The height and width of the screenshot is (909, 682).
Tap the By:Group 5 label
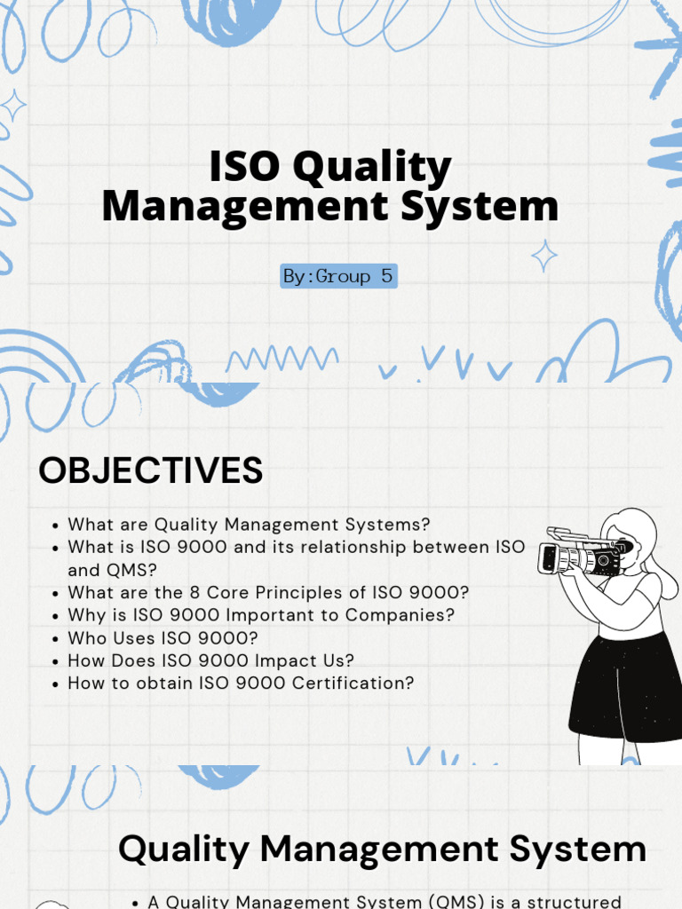[x=337, y=276]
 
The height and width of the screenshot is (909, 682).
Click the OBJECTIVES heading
[x=150, y=470]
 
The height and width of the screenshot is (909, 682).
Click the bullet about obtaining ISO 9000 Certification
[x=241, y=683]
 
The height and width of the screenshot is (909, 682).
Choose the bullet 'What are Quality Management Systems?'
[x=249, y=525]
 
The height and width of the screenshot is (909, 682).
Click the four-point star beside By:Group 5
[x=544, y=256]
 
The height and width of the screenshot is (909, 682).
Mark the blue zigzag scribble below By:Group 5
[x=282, y=359]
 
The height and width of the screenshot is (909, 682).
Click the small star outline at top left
[x=13, y=107]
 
